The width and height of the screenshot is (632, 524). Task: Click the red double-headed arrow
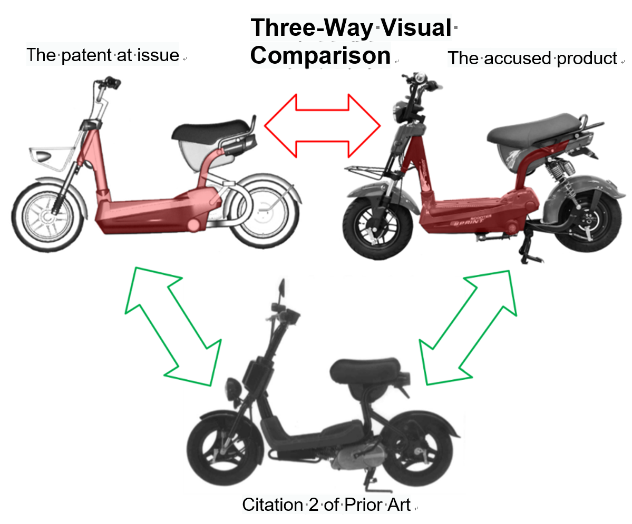(323, 126)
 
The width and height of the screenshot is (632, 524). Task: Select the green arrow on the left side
(173, 326)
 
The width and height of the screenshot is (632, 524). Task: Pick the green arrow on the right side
(468, 327)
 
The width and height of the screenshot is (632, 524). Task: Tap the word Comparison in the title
(320, 56)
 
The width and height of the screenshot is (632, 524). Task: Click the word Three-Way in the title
(312, 28)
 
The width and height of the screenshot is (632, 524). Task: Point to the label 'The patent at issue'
(103, 55)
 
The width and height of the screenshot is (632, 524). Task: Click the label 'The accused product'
(532, 58)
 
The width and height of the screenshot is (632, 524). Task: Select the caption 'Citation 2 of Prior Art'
(326, 505)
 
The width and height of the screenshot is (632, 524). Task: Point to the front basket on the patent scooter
(51, 158)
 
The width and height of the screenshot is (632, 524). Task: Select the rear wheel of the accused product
(589, 220)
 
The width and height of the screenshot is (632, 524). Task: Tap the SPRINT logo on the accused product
(469, 222)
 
